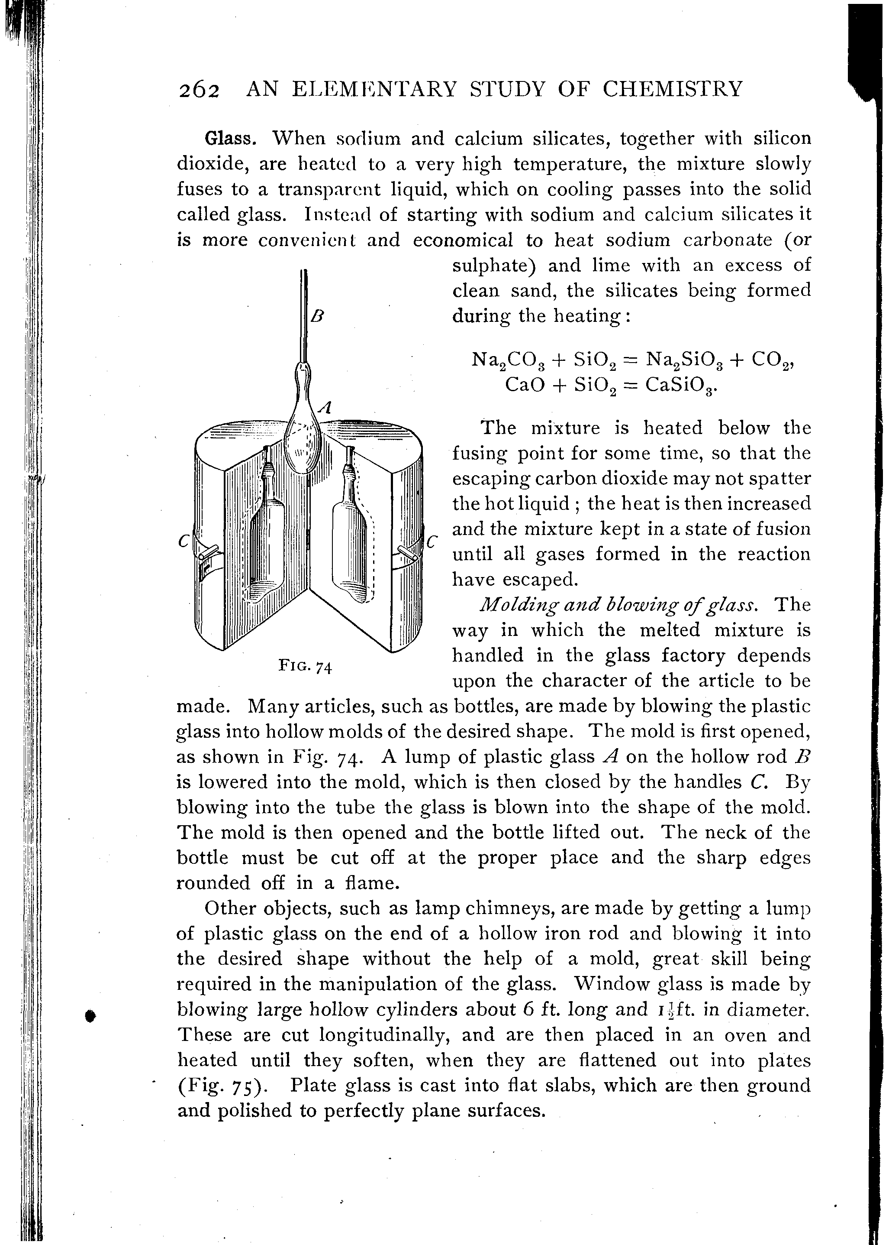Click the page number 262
199,90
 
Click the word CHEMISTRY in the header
673,88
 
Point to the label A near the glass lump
325,407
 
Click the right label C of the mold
432,541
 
